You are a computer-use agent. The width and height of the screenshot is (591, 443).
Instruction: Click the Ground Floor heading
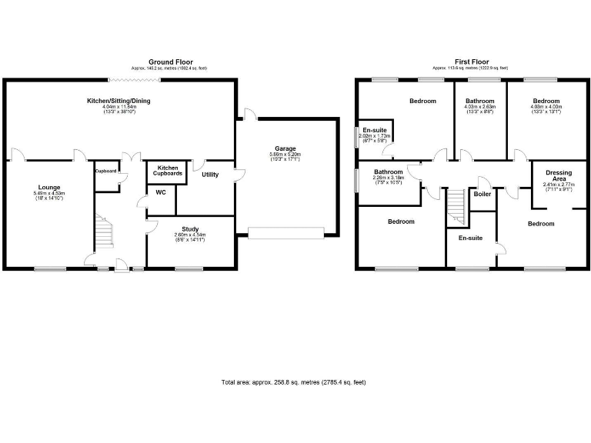click(171, 62)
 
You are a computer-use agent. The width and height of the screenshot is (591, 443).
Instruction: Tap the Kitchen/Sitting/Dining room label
click(119, 101)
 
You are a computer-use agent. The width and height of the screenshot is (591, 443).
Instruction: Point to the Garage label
click(285, 148)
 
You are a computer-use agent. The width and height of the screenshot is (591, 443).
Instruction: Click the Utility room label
click(210, 175)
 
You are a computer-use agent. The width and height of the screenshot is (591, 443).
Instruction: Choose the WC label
click(161, 192)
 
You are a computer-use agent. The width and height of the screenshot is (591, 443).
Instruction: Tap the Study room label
click(190, 229)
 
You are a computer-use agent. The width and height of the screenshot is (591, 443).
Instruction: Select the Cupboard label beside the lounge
click(105, 171)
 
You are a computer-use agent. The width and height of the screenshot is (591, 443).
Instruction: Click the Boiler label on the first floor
click(482, 195)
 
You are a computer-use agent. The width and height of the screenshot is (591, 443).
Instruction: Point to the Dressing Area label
click(558, 176)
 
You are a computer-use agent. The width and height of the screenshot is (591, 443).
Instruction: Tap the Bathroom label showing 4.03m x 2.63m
click(479, 101)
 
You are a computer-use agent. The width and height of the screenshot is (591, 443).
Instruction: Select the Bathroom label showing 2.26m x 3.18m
click(389, 172)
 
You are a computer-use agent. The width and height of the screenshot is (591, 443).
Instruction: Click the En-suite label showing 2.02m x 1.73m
click(376, 130)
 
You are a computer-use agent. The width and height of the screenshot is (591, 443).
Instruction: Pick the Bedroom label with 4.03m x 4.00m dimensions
click(546, 101)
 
